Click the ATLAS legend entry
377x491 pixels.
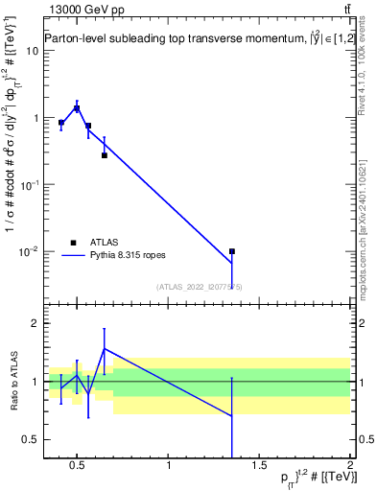click(x=103, y=243)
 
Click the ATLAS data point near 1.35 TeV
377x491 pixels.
click(x=232, y=251)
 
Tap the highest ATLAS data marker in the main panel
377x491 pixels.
click(x=77, y=108)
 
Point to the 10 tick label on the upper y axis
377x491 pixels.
click(x=31, y=51)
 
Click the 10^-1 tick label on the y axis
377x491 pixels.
click(x=28, y=184)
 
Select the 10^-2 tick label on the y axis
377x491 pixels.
click(x=28, y=251)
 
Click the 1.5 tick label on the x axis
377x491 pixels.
click(x=259, y=467)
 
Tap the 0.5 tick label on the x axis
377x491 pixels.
click(x=77, y=467)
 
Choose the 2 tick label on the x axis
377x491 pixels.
click(x=350, y=467)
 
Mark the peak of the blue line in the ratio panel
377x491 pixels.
click(x=105, y=349)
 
